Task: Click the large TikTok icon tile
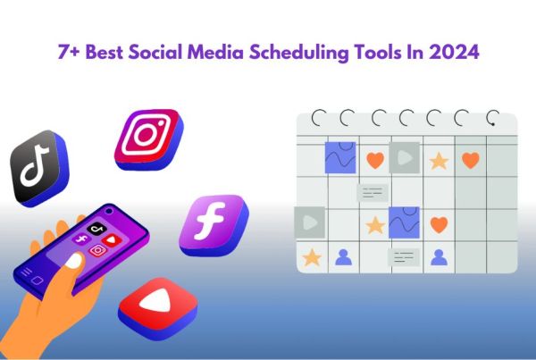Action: coord(38,167)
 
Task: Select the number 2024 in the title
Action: coord(455,53)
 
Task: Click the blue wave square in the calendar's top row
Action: coord(339,158)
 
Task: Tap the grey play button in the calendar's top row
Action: coord(403,158)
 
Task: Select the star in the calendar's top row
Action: coord(438,161)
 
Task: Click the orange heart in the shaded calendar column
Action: coord(470,160)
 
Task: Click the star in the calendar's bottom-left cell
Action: coord(311,257)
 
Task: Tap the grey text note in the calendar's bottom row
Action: coord(404,257)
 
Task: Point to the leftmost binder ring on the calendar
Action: coord(317,117)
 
